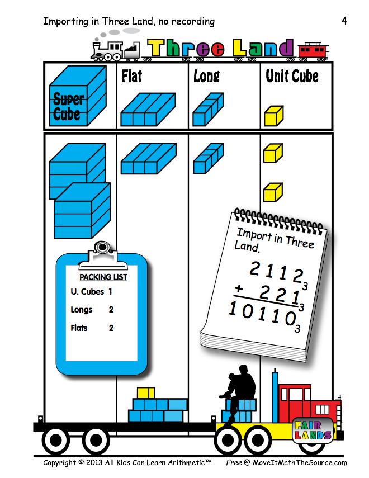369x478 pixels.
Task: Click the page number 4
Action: (344, 22)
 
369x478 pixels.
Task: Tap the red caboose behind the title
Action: (313, 50)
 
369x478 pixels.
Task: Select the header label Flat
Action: (131, 76)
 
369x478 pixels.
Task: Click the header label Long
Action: (206, 76)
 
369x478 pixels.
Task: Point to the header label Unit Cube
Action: (292, 76)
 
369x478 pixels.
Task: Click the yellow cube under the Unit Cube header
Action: (274, 116)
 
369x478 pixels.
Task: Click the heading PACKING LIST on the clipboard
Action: (103, 277)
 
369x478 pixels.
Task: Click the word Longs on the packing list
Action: (82, 309)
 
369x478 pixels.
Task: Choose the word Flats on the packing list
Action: (79, 328)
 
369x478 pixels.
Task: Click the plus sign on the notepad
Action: (240, 290)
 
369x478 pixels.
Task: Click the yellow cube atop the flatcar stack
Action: (145, 392)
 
